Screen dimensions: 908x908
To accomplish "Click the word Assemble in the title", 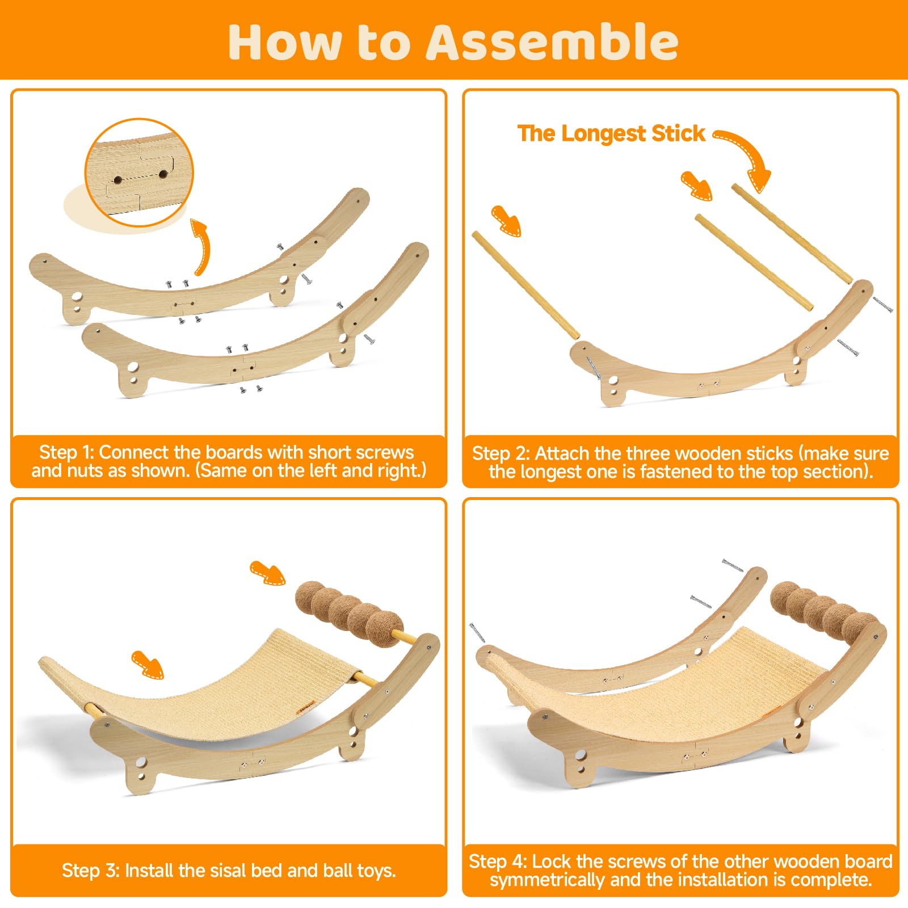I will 552,43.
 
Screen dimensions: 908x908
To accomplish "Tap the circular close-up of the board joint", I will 139,173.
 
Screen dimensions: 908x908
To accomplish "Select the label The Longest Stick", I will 611,134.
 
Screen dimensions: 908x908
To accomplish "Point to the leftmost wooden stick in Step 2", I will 526,285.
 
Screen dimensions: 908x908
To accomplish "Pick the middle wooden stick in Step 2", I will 754,262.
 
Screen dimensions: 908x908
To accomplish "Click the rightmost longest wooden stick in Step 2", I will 792,233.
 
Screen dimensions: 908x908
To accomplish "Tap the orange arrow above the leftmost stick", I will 506,221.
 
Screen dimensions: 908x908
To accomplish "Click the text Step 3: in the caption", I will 90,870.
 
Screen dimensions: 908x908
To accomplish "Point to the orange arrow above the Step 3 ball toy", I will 267,573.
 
